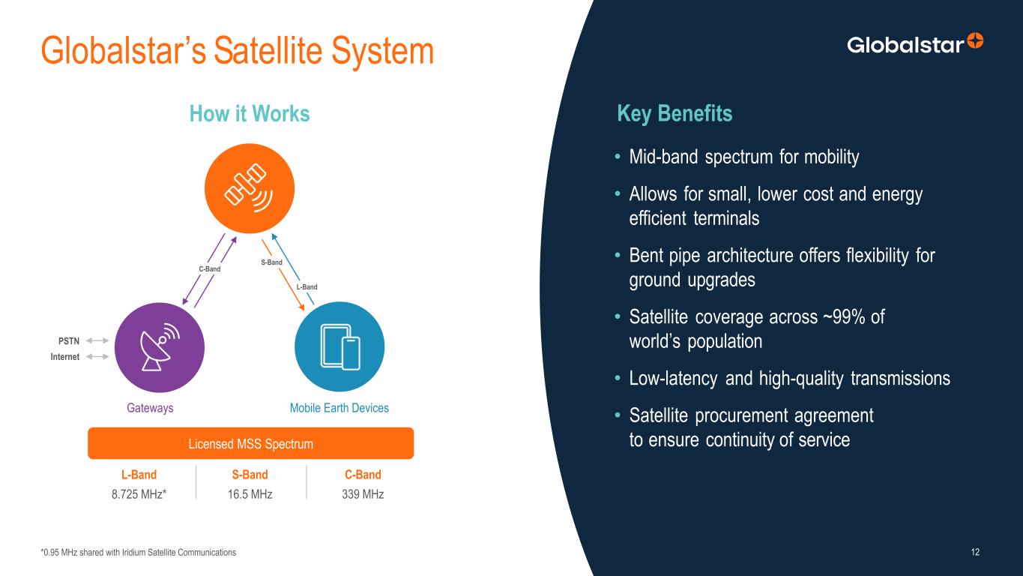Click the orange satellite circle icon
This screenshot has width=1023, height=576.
(x=250, y=188)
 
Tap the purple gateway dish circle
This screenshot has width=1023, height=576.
(x=160, y=347)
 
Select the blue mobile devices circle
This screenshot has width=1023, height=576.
(x=340, y=346)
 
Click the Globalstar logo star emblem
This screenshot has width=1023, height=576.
(x=975, y=40)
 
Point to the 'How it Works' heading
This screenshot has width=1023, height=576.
(x=250, y=113)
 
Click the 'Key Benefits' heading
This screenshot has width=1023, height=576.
(x=675, y=113)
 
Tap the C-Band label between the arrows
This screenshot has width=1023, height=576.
(x=210, y=268)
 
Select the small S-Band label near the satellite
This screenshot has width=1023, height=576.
(x=271, y=262)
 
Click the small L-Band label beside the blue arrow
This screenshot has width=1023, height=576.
(x=307, y=287)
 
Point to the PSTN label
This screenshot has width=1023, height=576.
(x=69, y=341)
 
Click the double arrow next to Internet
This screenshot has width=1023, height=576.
(x=97, y=356)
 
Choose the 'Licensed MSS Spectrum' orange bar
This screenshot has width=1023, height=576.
(x=251, y=443)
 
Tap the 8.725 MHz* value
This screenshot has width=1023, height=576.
(x=139, y=494)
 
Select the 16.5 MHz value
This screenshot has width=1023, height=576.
(x=250, y=494)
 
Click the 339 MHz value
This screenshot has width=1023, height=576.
(x=363, y=494)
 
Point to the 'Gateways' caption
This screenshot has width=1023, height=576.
(x=150, y=408)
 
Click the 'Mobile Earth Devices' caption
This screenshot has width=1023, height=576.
(x=340, y=408)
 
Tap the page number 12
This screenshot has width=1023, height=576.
(x=975, y=552)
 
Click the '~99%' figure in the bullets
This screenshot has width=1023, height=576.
(x=844, y=316)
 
